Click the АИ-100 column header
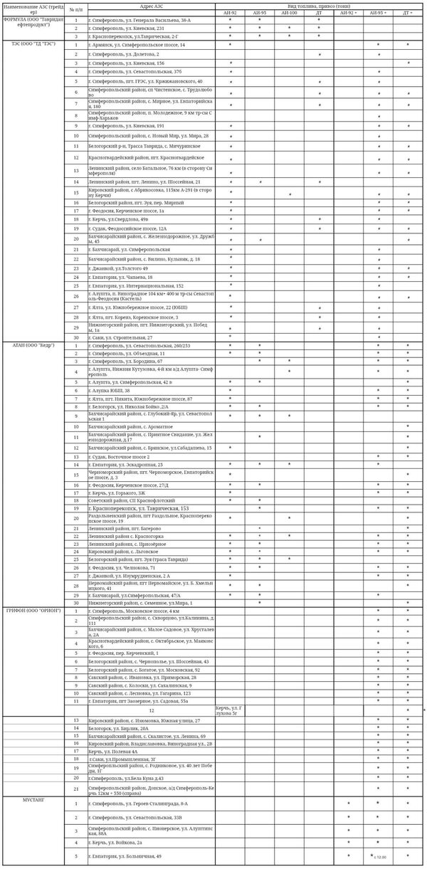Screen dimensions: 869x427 pos(289,13)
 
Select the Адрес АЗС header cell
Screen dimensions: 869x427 pos(151,6)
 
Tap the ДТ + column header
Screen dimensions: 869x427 pos(408,13)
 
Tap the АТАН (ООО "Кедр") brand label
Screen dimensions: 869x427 pos(33,344)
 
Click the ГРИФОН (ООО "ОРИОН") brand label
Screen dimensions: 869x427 pos(33,611)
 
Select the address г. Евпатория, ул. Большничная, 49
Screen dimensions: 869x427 pos(125,855)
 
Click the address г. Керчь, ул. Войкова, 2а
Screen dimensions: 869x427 pos(120,842)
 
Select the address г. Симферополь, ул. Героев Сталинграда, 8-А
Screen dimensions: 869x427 pos(138,803)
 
